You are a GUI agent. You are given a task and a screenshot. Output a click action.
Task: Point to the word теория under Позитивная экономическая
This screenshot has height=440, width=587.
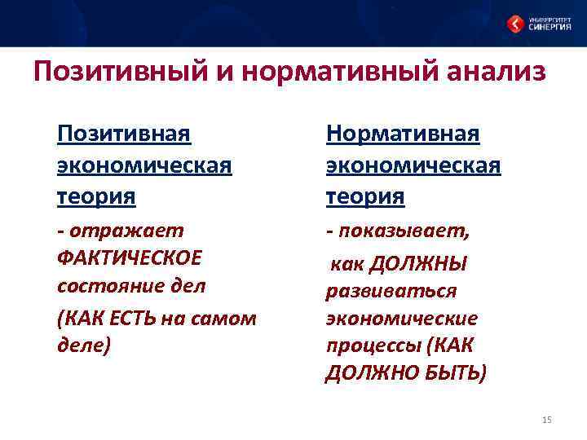coord(96,196)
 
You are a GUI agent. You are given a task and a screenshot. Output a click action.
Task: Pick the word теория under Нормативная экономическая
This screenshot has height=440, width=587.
coord(365,196)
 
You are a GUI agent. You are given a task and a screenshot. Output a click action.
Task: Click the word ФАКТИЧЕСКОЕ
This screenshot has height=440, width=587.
coord(129,258)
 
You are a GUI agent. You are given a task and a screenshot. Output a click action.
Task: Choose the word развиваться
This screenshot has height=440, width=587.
coord(391,291)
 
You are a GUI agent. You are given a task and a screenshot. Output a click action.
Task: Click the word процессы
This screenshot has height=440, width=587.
coord(372,345)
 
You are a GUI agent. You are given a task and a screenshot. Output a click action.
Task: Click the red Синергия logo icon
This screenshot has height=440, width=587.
coord(516,24)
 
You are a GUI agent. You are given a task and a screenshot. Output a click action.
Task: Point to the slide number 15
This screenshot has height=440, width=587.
coord(546,420)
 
